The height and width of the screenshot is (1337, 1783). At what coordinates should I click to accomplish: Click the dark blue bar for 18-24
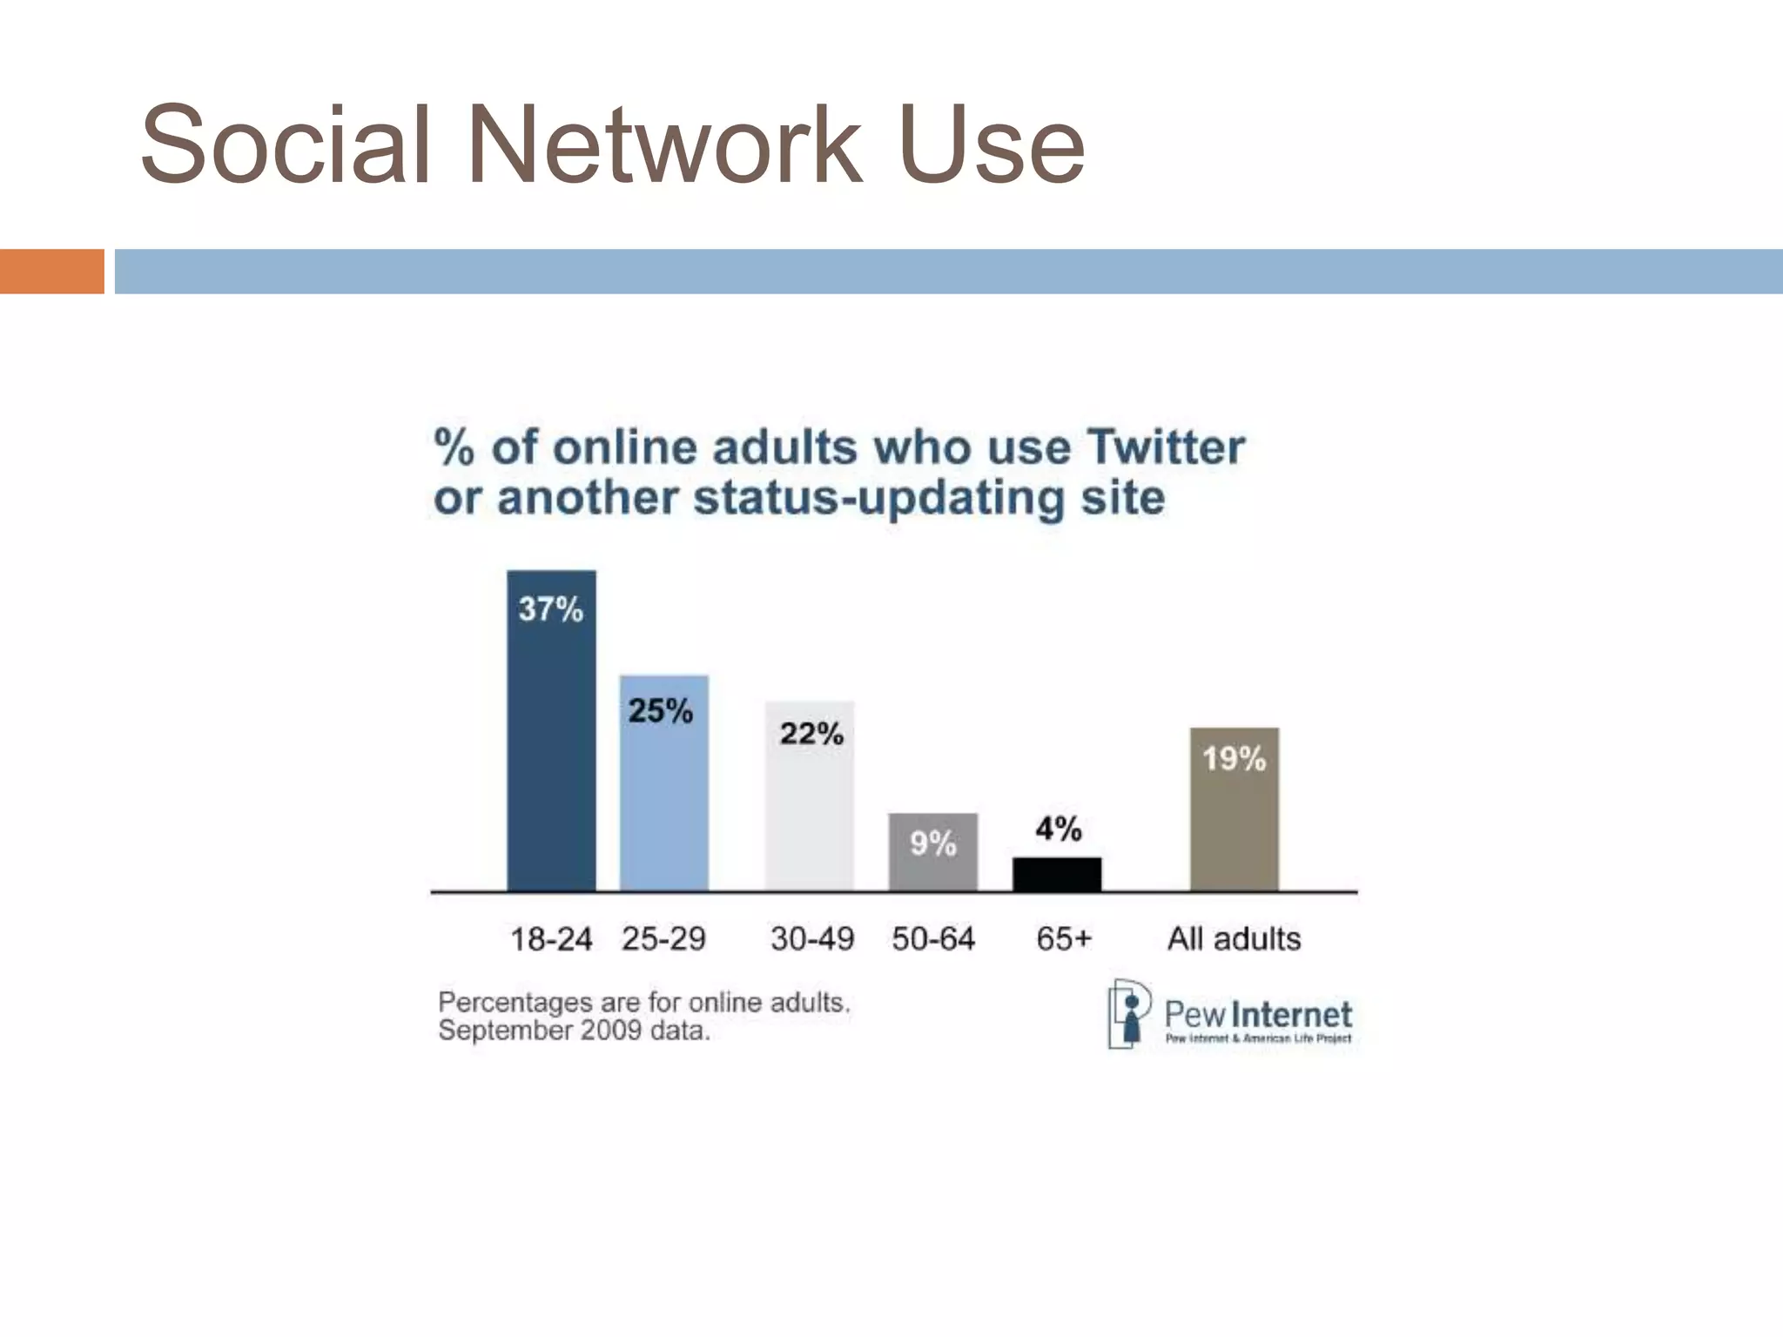coord(551,749)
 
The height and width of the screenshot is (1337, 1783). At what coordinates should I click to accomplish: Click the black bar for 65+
coord(1056,874)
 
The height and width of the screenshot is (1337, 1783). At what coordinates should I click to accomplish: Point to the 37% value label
coord(550,609)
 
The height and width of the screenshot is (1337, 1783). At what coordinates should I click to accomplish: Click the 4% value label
coord(1058,829)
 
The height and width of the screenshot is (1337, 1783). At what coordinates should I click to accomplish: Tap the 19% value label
coord(1234,759)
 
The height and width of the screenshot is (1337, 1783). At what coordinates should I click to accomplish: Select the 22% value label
coord(811,734)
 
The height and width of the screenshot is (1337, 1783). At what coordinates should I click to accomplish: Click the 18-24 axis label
coord(550,939)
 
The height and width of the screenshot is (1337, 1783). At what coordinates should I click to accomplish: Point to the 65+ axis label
coord(1063,939)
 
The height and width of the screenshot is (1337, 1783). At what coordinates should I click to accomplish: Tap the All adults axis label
coord(1234,938)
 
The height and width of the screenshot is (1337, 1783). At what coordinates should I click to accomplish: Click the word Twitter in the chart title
coord(1166,447)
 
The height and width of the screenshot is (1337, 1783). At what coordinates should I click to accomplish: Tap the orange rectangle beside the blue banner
coord(51,272)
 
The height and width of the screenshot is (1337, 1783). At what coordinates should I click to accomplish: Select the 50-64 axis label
coord(933,939)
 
